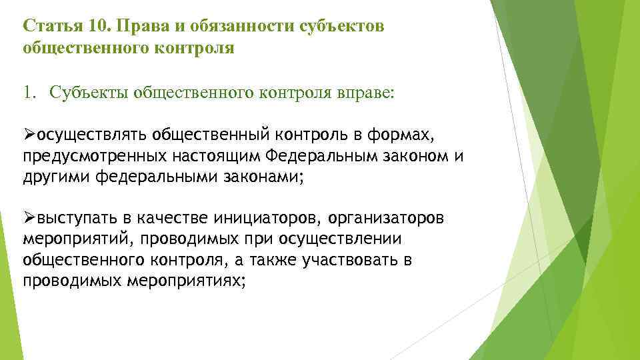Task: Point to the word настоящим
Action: [214, 157]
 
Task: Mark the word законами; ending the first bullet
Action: [264, 177]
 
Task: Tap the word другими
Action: [57, 177]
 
